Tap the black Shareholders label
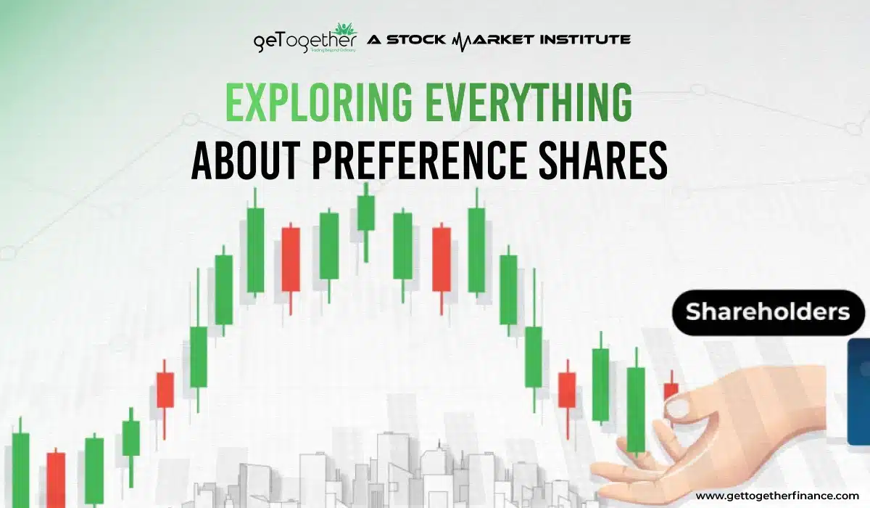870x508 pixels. (768, 312)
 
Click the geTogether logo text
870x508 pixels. (305, 40)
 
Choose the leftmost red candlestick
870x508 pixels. (56, 479)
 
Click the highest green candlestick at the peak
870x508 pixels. (366, 211)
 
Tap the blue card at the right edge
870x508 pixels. (858, 392)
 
